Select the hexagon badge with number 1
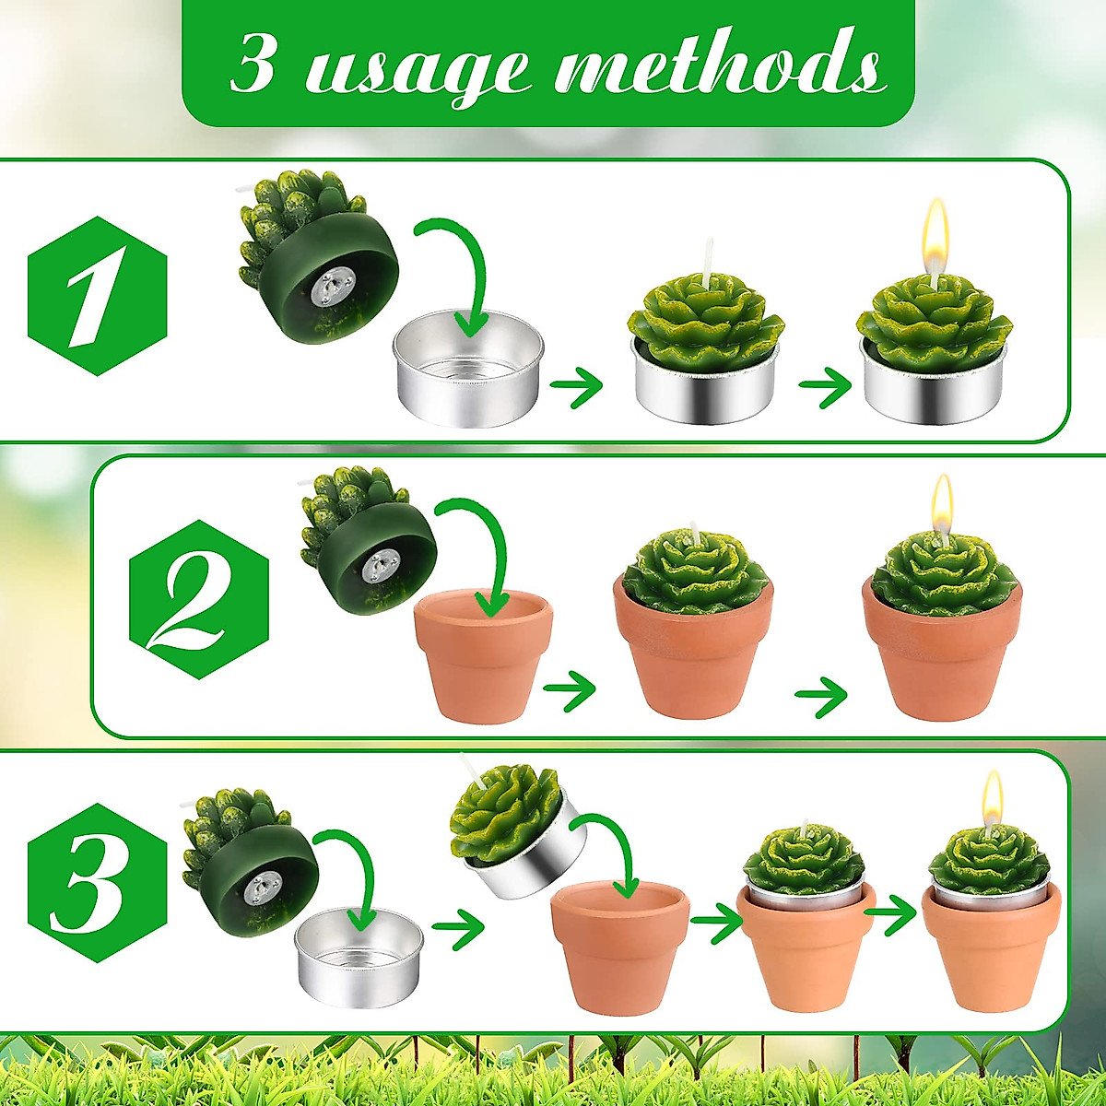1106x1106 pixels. pyautogui.click(x=97, y=296)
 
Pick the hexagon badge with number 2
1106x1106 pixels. pyautogui.click(x=198, y=599)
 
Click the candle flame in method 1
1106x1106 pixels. pyautogui.click(x=936, y=229)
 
